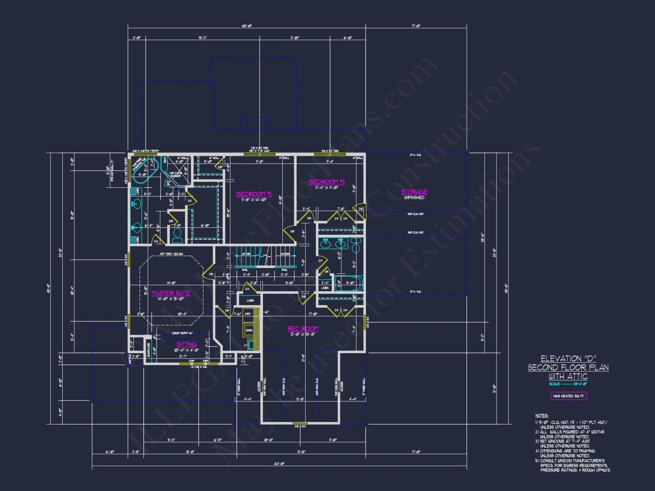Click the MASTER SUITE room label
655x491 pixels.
[171, 293]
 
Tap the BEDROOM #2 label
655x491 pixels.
[254, 194]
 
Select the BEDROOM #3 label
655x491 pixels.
[327, 182]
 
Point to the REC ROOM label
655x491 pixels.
[303, 329]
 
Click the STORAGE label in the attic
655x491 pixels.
[414, 192]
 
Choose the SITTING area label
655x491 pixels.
[186, 344]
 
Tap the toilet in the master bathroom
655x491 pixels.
[177, 235]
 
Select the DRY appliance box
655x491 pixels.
[248, 314]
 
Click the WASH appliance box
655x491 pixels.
[249, 330]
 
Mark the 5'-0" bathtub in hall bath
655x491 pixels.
[349, 283]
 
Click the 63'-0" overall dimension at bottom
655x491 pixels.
[279, 464]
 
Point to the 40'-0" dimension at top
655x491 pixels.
[247, 26]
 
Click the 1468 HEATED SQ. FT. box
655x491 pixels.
[569, 396]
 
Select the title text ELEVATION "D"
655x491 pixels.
[568, 359]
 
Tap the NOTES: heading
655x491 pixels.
[542, 415]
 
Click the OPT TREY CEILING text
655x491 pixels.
[171, 254]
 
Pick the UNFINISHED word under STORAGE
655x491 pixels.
[414, 198]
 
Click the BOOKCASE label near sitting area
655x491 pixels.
[149, 350]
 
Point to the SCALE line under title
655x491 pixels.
[568, 384]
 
